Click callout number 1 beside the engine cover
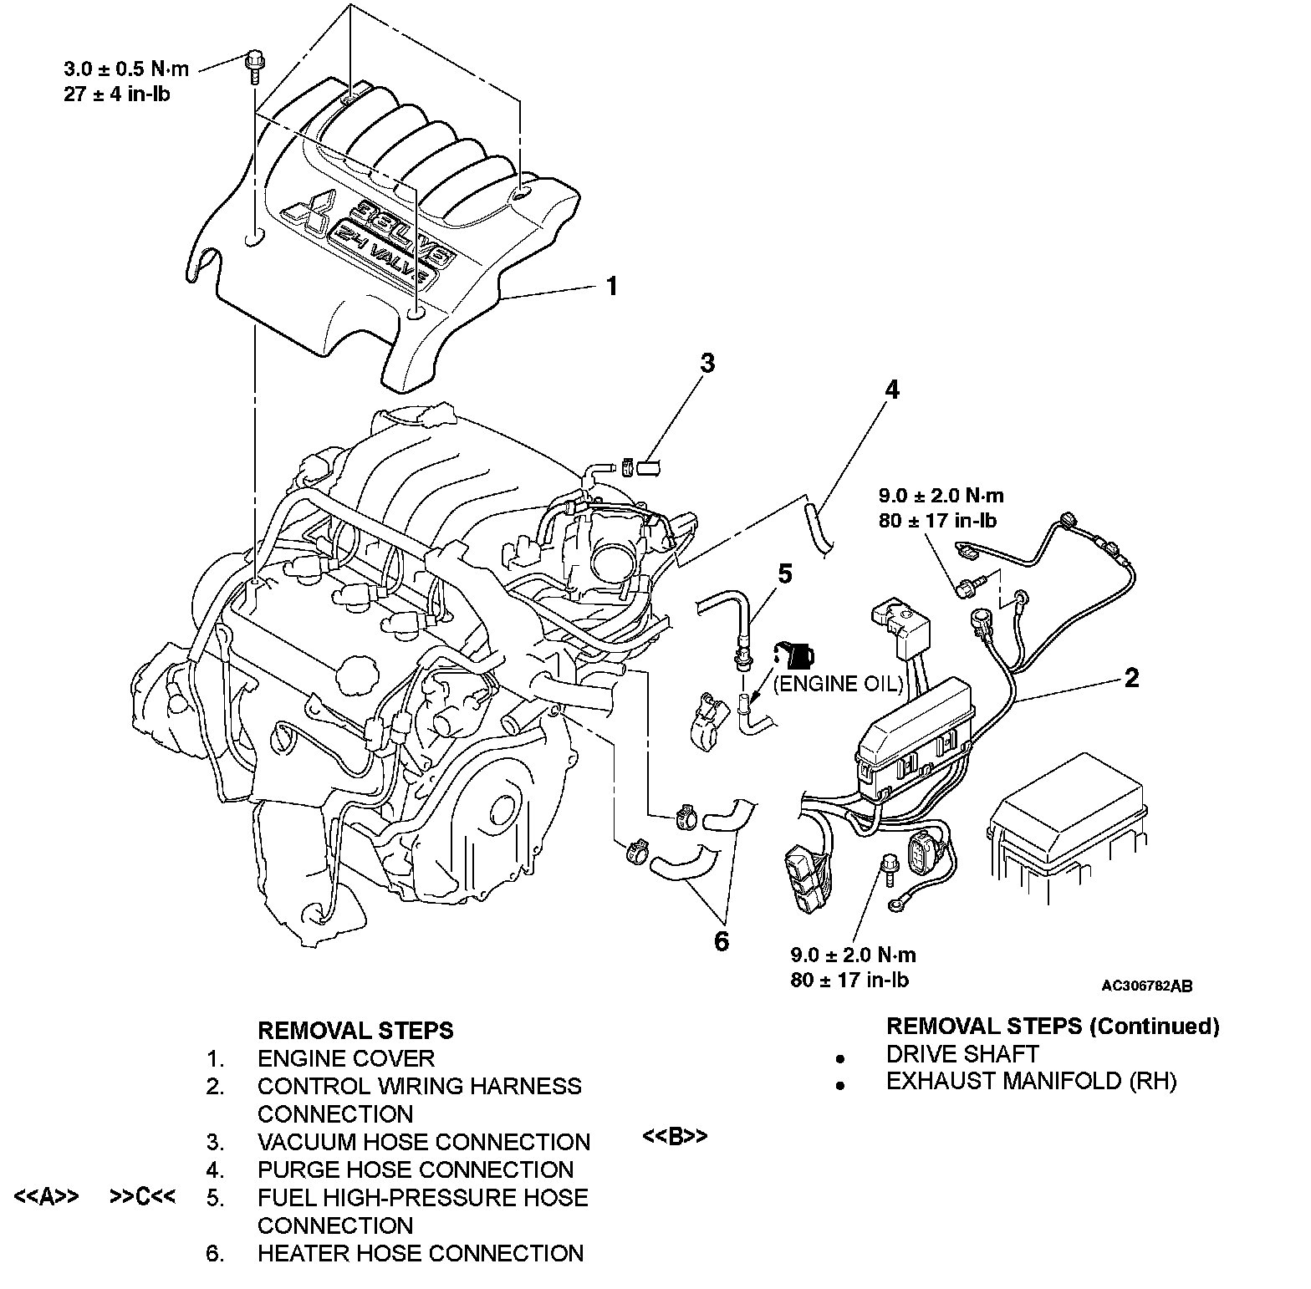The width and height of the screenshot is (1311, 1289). (611, 287)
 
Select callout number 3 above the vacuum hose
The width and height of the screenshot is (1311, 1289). (707, 363)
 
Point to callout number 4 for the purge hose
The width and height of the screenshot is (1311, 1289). (892, 390)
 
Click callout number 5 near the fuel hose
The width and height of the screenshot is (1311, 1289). (784, 573)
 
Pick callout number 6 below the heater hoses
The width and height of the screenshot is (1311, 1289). (721, 941)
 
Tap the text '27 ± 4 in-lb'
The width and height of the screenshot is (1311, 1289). (117, 94)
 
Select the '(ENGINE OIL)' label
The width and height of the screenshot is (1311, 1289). (839, 684)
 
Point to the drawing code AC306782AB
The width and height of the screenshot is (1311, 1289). (1146, 986)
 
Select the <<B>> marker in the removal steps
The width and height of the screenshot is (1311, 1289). (675, 1137)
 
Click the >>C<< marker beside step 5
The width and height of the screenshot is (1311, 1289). (142, 1197)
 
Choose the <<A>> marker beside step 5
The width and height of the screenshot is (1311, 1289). (47, 1197)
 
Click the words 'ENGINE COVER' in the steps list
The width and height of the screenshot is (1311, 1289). (345, 1058)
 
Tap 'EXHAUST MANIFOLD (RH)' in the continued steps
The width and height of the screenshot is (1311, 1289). (1031, 1081)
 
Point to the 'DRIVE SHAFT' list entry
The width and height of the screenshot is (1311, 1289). (962, 1053)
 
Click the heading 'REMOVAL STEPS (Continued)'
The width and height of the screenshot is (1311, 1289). (1052, 1026)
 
